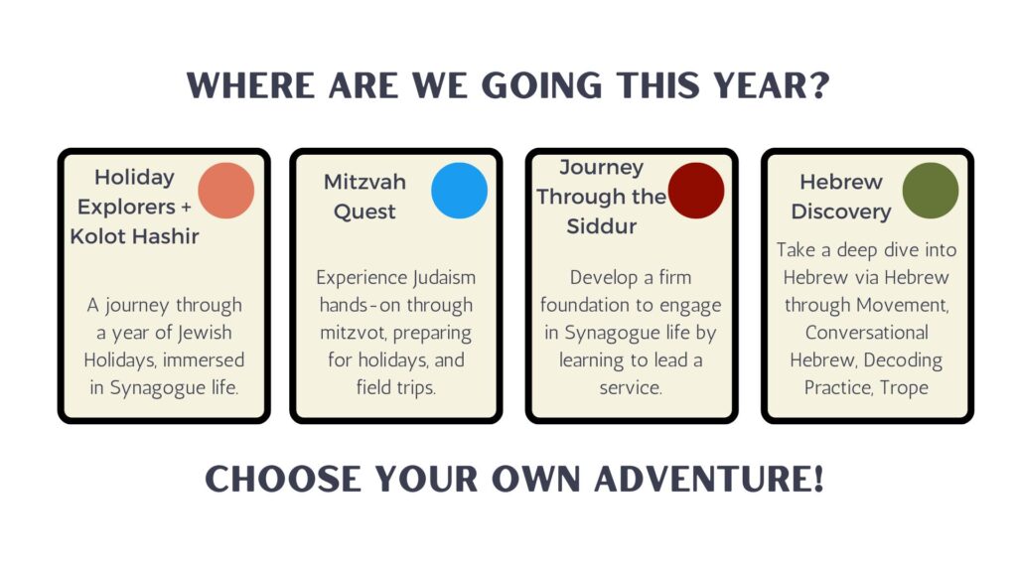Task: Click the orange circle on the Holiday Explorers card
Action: [x=226, y=191]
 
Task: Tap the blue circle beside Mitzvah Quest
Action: [x=459, y=191]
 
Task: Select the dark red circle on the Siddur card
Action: [x=696, y=191]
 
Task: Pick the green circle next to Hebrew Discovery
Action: [x=930, y=191]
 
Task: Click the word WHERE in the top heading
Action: [x=250, y=85]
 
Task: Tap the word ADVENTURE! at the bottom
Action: [x=709, y=479]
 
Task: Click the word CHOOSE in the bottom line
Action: [x=283, y=479]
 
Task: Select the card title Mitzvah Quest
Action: [x=364, y=197]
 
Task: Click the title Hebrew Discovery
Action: [x=841, y=197]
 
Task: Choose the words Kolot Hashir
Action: [x=134, y=236]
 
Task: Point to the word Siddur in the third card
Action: [x=601, y=226]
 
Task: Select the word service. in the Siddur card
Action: [x=631, y=388]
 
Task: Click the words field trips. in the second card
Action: [x=395, y=388]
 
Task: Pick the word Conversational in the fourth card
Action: [x=866, y=333]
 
